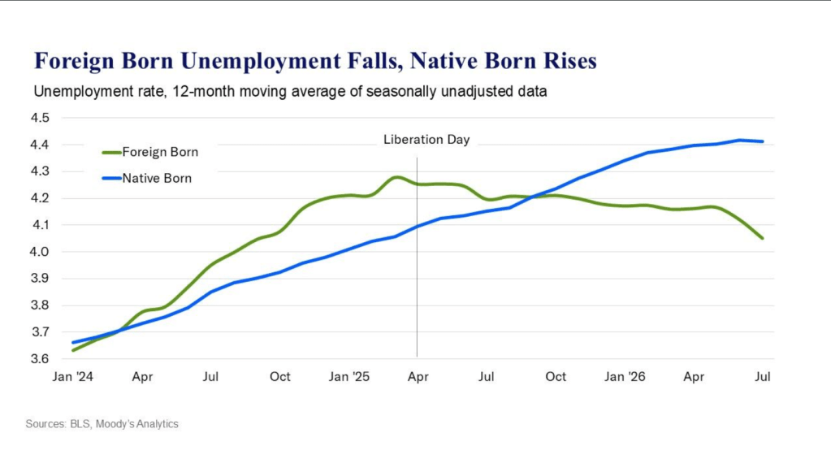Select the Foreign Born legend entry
click(150, 152)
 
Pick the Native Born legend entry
click(147, 179)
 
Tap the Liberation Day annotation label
click(426, 139)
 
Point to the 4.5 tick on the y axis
click(40, 118)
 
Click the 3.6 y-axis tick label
click(40, 358)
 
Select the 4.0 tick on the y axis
click(40, 252)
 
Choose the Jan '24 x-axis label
click(72, 377)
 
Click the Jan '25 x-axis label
click(348, 377)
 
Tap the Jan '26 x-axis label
click(625, 377)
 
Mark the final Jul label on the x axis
click(763, 377)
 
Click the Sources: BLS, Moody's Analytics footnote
click(102, 424)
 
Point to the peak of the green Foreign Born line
click(397, 177)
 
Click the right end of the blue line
click(763, 141)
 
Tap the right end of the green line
click(763, 238)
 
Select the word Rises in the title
click(569, 61)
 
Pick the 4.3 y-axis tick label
click(40, 171)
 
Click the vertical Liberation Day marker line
click(417, 257)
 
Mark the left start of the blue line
click(72, 342)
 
